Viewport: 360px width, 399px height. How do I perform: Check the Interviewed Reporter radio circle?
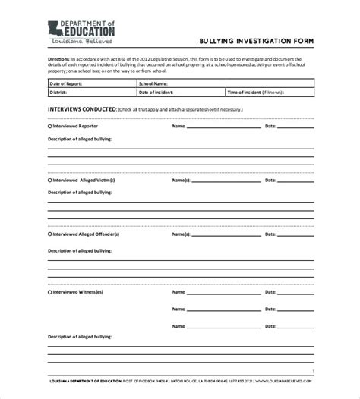50,127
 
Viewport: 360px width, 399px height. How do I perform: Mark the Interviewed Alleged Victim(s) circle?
50,181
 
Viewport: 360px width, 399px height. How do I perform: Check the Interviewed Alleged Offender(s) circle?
50,235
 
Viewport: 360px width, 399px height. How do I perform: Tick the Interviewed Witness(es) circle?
50,291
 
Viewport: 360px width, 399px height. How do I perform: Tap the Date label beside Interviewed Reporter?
270,127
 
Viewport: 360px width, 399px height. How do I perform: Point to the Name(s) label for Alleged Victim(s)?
180,181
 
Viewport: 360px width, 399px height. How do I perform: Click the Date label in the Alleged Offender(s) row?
270,235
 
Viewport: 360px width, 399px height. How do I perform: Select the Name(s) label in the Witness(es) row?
180,291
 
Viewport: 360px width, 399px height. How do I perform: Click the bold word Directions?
60,59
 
